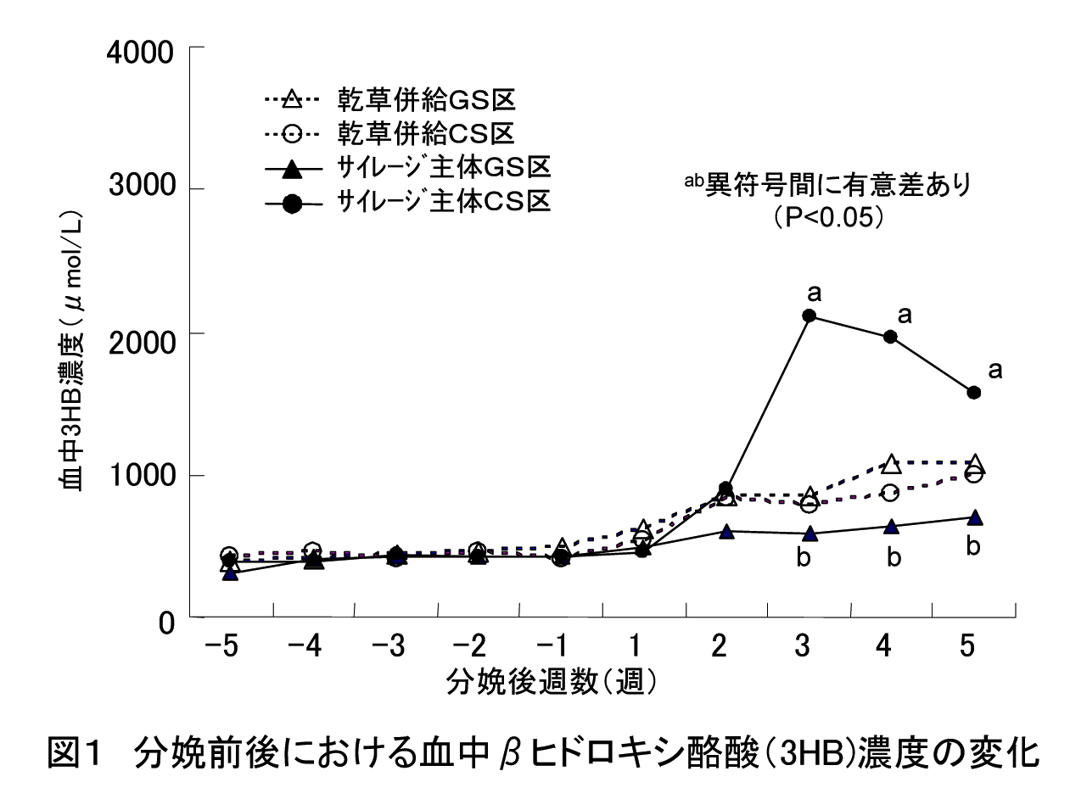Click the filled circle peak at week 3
809,316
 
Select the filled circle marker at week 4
891,336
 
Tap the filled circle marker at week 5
974,392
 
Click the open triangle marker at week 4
891,464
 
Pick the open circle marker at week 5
974,473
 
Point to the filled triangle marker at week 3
809,534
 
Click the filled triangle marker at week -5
228,573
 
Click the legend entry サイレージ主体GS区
406,168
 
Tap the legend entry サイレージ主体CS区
406,202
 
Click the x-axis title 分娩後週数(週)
552,680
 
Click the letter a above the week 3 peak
815,293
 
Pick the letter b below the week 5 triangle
973,546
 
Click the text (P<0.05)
830,217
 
